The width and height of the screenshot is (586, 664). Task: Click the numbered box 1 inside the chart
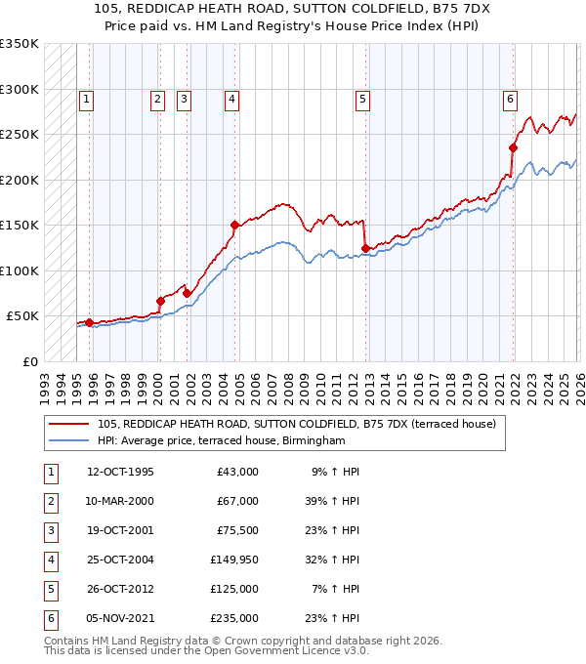click(87, 98)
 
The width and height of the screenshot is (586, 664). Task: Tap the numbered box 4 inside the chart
click(231, 98)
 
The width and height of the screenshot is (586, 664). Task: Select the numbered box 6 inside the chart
click(510, 98)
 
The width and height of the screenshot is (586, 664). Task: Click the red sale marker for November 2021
click(513, 147)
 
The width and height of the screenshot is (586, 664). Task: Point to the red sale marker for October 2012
click(365, 248)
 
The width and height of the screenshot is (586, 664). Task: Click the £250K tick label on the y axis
click(19, 135)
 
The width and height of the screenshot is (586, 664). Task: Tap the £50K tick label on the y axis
click(22, 316)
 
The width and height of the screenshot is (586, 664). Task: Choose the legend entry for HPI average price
click(222, 441)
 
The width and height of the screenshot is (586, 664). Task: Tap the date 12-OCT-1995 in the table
click(120, 472)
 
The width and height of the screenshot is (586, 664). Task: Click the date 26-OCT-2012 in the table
click(120, 589)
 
